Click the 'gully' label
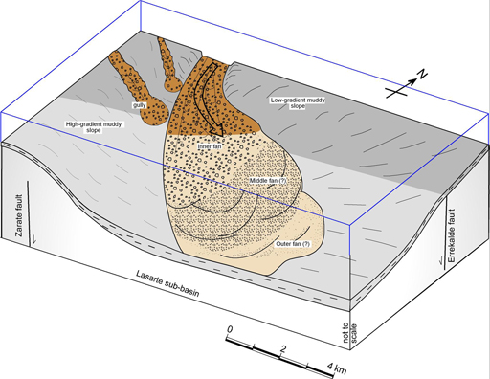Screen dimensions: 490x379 pyautogui.click(x=140, y=105)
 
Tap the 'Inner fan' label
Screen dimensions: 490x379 pyautogui.click(x=210, y=146)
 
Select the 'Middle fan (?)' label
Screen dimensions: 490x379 pyautogui.click(x=268, y=181)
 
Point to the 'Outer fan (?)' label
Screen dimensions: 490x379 pyautogui.click(x=293, y=244)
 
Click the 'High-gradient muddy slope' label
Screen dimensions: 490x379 pyautogui.click(x=94, y=127)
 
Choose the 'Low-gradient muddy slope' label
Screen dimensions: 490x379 pyautogui.click(x=298, y=103)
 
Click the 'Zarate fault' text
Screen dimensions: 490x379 pyautogui.click(x=19, y=215)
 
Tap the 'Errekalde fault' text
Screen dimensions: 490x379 pyautogui.click(x=452, y=235)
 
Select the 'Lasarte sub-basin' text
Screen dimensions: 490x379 pyautogui.click(x=167, y=283)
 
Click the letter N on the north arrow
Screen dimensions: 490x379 pyautogui.click(x=423, y=75)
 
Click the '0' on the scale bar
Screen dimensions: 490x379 pyautogui.click(x=229, y=329)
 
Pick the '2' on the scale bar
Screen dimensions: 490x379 pyautogui.click(x=282, y=349)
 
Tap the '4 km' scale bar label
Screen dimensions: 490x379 pyautogui.click(x=337, y=368)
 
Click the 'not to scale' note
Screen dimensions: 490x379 pyautogui.click(x=349, y=333)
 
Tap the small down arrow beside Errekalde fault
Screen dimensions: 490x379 pyautogui.click(x=441, y=259)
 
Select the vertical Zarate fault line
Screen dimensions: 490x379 pyautogui.click(x=29, y=213)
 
